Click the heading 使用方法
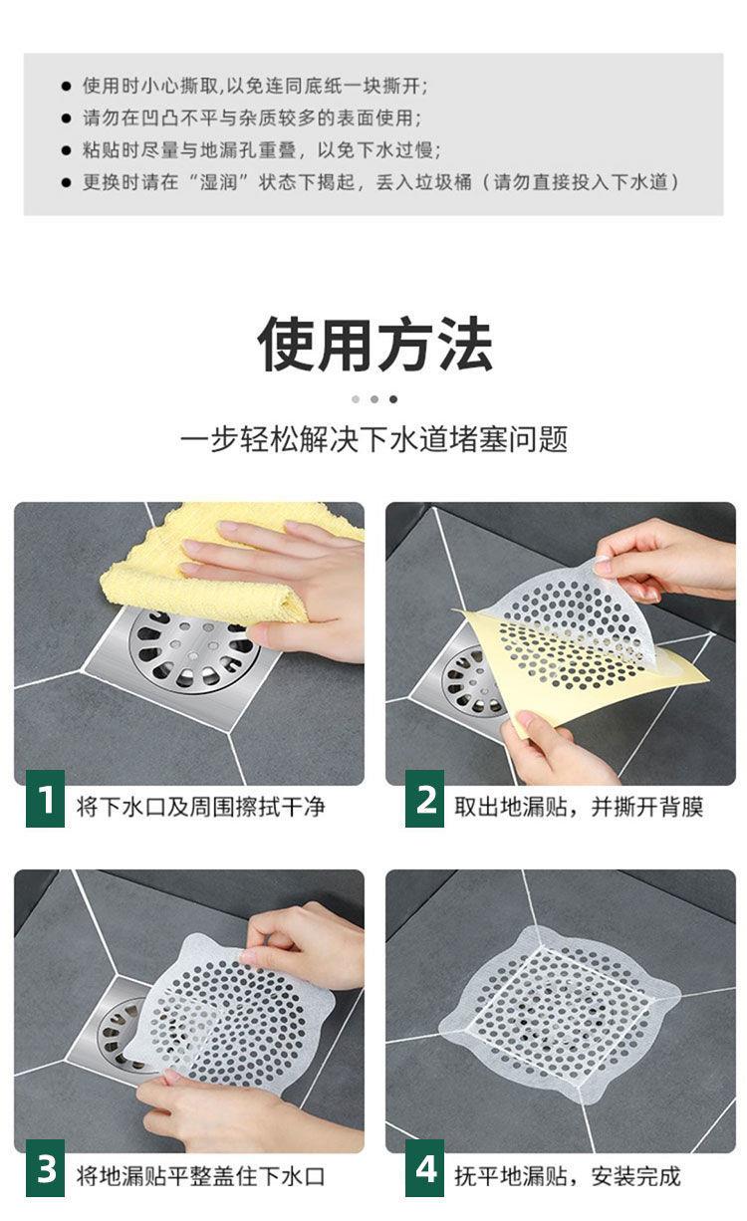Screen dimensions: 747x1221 click(x=374, y=345)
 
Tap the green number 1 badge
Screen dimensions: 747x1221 click(x=45, y=799)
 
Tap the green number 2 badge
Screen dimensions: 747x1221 click(x=424, y=799)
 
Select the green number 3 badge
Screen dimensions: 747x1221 click(x=45, y=1168)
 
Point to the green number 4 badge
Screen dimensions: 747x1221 click(x=424, y=1168)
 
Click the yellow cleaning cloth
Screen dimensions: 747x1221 click(x=218, y=567)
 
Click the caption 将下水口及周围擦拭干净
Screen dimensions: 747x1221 click(x=200, y=806)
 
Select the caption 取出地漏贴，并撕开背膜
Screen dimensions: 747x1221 click(x=579, y=806)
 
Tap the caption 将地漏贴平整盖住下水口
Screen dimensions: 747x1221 click(x=200, y=1176)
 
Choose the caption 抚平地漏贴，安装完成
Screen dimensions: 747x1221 click(x=568, y=1176)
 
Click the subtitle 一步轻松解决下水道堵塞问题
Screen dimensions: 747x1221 click(x=374, y=439)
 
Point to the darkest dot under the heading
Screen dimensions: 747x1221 click(x=393, y=399)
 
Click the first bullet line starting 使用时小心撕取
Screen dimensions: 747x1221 click(x=255, y=86)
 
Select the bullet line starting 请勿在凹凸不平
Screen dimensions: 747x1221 click(x=252, y=118)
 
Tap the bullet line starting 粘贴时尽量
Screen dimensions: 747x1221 click(x=262, y=150)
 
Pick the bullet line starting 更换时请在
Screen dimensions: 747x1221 click(x=381, y=182)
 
